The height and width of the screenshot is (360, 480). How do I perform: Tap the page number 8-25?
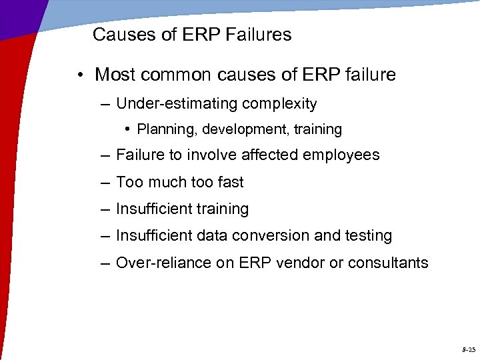click(468, 349)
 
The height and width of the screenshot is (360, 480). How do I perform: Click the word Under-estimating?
click(177, 104)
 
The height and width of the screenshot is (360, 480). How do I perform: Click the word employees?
click(341, 155)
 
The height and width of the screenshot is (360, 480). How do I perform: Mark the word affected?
click(267, 155)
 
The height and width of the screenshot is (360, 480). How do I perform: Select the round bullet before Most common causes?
click(79, 75)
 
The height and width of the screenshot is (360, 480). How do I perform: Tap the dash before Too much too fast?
click(106, 182)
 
